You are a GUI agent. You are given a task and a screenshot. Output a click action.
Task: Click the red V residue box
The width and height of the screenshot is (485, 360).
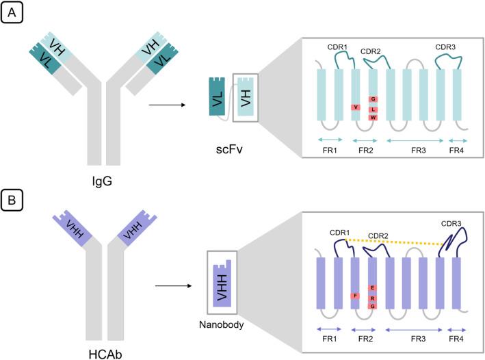[x=355, y=107]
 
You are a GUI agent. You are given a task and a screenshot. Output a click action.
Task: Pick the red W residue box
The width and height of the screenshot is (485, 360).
[x=373, y=118]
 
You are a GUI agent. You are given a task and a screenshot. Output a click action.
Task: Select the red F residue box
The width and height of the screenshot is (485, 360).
[x=355, y=296]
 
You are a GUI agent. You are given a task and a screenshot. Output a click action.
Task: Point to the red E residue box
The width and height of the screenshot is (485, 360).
[x=373, y=287]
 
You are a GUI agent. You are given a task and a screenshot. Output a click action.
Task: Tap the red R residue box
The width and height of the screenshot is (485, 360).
[x=373, y=298]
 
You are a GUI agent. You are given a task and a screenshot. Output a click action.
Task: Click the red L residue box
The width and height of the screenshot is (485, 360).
[x=373, y=109]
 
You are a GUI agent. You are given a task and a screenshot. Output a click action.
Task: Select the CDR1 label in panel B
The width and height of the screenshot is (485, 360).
[x=339, y=233]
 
